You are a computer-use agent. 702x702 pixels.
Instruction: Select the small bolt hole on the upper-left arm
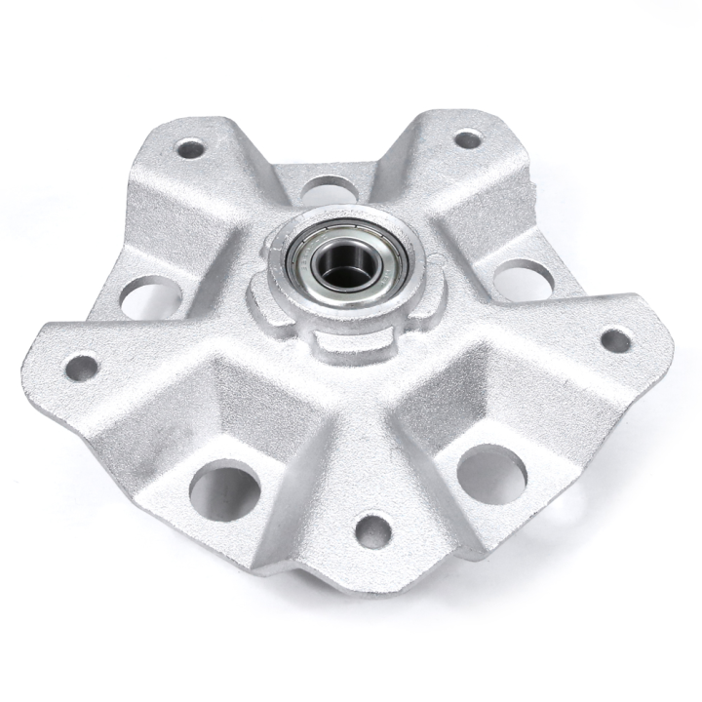coord(190,149)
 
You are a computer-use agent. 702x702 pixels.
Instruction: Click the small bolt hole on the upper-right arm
coord(468,139)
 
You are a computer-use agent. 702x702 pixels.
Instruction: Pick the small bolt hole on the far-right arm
coord(615,340)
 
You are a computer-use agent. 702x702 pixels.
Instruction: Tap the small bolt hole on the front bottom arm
coord(373,530)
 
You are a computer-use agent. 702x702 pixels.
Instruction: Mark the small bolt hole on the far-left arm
coord(82,367)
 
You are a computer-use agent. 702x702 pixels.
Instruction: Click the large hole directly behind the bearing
coord(328,188)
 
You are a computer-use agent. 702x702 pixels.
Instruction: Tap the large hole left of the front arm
coord(225,490)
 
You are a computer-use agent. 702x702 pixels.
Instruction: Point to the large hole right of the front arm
coord(491,474)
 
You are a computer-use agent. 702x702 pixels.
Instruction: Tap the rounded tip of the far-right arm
coord(667,336)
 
